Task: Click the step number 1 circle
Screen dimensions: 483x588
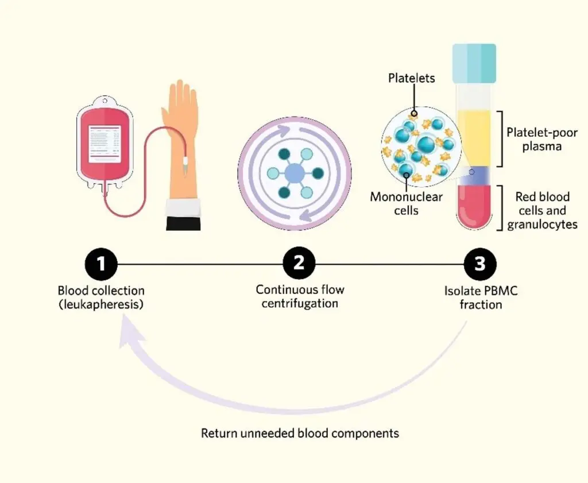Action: (x=101, y=265)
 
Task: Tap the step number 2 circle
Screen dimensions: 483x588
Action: (x=299, y=265)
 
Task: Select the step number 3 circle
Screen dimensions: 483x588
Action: (x=480, y=265)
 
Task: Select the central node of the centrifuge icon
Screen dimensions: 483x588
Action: (x=294, y=172)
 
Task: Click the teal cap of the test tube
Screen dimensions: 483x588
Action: (x=474, y=63)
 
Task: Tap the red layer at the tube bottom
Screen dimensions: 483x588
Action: (x=474, y=204)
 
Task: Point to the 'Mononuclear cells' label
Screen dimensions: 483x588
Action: (x=406, y=203)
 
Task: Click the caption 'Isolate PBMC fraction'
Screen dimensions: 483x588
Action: (x=481, y=297)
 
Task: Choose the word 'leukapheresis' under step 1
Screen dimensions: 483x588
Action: (x=102, y=305)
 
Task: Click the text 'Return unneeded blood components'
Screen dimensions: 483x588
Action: (x=300, y=433)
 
